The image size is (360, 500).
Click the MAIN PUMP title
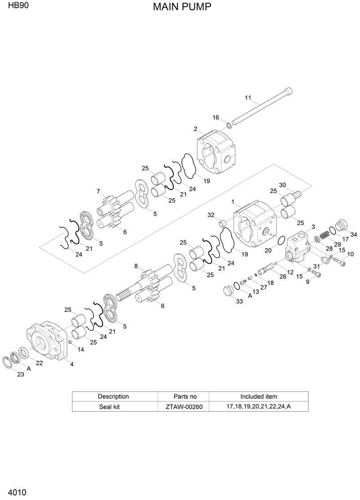pyautogui.click(x=182, y=7)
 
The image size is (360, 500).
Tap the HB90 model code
pyautogui.click(x=15, y=6)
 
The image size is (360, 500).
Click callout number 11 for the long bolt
pyautogui.click(x=247, y=98)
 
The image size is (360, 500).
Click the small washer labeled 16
pyautogui.click(x=229, y=124)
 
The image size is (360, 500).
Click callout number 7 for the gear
pyautogui.click(x=98, y=191)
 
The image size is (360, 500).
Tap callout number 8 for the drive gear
pyautogui.click(x=136, y=266)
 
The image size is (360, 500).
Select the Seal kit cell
pyautogui.click(x=113, y=406)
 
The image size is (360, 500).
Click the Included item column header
pyautogui.click(x=258, y=396)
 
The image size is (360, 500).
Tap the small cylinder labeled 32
pyautogui.click(x=221, y=224)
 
